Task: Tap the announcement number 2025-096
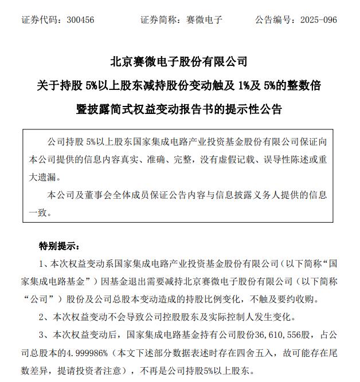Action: [x=319, y=20]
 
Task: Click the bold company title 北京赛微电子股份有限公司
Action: [x=179, y=61]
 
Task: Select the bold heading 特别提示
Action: [x=59, y=246]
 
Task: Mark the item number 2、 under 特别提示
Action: [x=44, y=316]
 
